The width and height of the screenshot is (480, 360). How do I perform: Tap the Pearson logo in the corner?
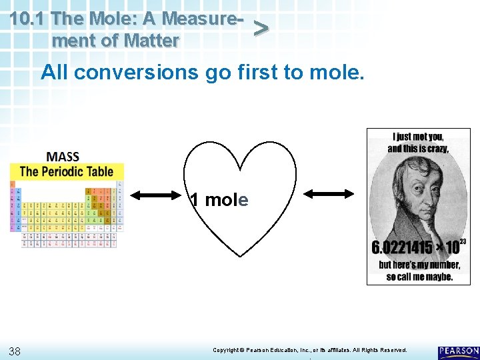click(x=459, y=352)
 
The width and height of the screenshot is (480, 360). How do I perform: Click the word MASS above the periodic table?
click(x=63, y=157)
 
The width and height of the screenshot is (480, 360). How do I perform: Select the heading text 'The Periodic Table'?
click(x=67, y=171)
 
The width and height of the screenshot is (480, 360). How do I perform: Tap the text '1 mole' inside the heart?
click(x=219, y=200)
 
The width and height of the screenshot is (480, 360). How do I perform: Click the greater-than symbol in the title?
click(x=261, y=27)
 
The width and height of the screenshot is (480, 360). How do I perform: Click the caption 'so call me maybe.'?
click(x=419, y=276)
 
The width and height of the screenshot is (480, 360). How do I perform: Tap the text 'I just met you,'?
click(x=419, y=137)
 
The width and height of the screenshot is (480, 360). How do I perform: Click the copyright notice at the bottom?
click(x=309, y=350)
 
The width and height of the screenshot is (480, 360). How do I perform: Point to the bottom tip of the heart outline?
click(x=239, y=257)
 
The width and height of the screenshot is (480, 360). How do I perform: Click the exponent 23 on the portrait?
click(x=463, y=241)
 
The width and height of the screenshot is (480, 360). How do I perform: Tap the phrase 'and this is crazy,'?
click(x=418, y=148)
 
